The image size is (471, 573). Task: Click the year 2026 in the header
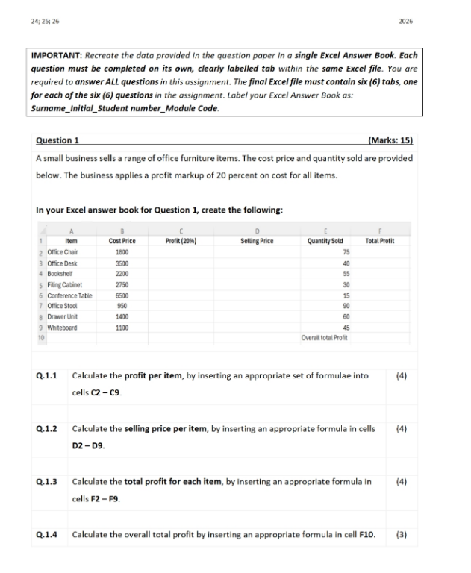[405, 20]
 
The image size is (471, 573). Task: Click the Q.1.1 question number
[48, 376]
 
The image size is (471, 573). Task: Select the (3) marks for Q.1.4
[401, 535]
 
